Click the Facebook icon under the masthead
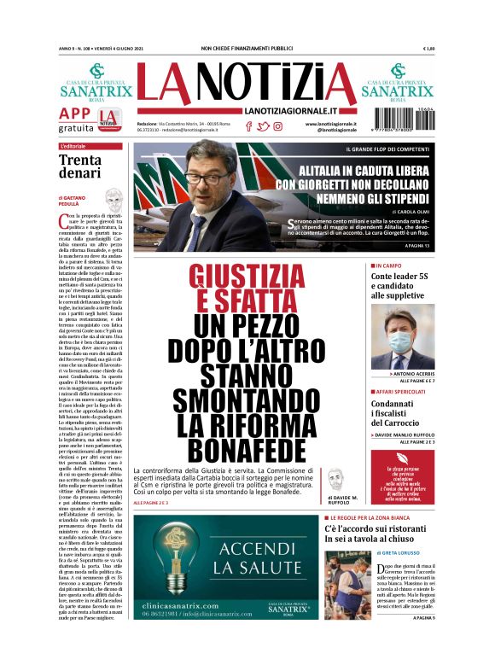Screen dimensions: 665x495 (x=248, y=126)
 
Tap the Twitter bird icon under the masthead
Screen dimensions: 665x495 (x=263, y=126)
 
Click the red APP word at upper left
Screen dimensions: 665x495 (x=75, y=114)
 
